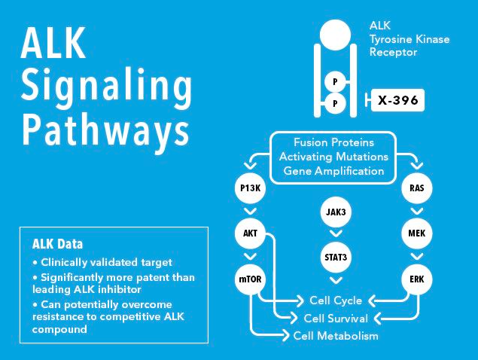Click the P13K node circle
[x=251, y=188]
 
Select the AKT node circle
[x=251, y=233]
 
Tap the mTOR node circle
[x=251, y=279]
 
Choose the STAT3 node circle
[x=335, y=256]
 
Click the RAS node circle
[x=417, y=188]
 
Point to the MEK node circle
[x=417, y=233]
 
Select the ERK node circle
[x=417, y=279]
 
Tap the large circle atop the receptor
[x=335, y=33]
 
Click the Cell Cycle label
[x=331, y=301]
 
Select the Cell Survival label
[x=336, y=319]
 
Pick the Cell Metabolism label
[x=336, y=336]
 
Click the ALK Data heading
[x=57, y=244]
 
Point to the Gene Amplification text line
[x=334, y=171]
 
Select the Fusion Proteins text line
[x=334, y=142]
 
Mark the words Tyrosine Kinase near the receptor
[x=409, y=38]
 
